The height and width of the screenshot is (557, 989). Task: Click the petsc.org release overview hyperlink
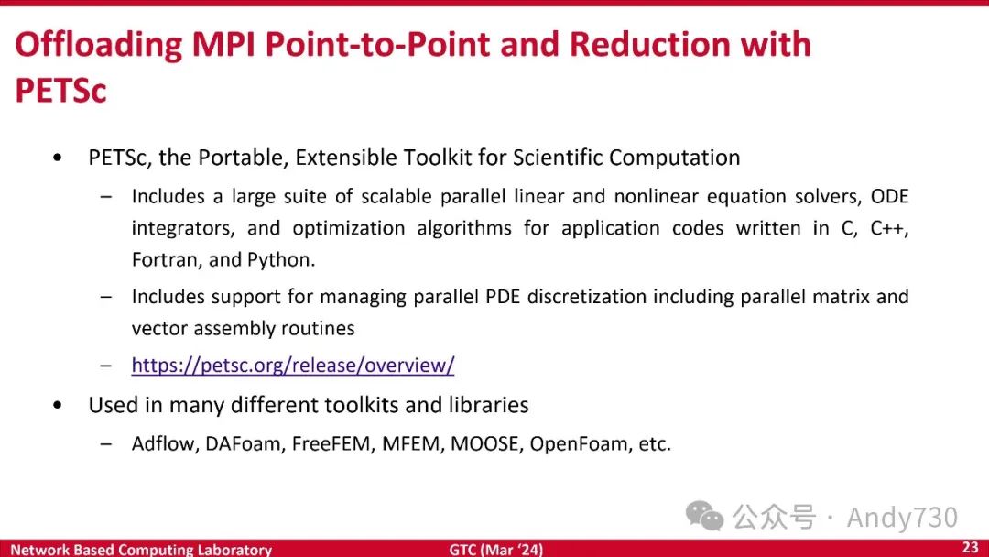tap(293, 366)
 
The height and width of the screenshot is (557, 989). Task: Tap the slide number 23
tap(970, 547)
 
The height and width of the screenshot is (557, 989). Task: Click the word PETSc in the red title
tap(60, 90)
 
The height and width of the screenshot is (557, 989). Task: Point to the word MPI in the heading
tap(223, 44)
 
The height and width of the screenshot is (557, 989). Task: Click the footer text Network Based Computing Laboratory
tap(141, 550)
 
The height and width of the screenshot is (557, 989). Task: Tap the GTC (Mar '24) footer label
tap(495, 550)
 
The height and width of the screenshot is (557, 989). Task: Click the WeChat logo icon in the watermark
tap(704, 516)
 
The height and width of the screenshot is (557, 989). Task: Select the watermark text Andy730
tap(902, 518)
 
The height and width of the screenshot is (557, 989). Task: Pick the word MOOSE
tap(484, 444)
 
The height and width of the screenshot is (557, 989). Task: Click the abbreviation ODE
tap(889, 196)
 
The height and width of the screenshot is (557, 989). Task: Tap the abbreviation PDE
tap(503, 297)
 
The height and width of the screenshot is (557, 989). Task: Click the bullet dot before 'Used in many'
tap(58, 405)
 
